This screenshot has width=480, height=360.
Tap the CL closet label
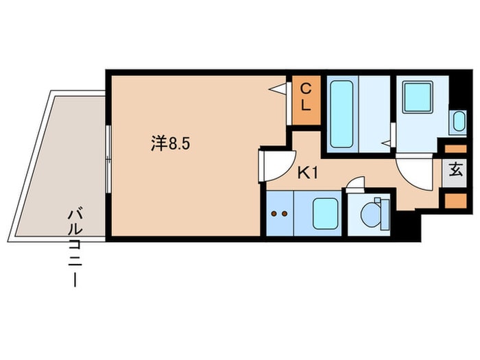(x=307, y=97)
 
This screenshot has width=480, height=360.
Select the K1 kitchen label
(x=307, y=173)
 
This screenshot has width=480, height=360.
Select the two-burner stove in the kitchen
(x=279, y=213)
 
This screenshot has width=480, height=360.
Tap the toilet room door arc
(x=356, y=184)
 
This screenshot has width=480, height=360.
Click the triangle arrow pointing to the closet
(x=277, y=88)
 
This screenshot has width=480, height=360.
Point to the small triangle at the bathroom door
(x=387, y=143)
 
